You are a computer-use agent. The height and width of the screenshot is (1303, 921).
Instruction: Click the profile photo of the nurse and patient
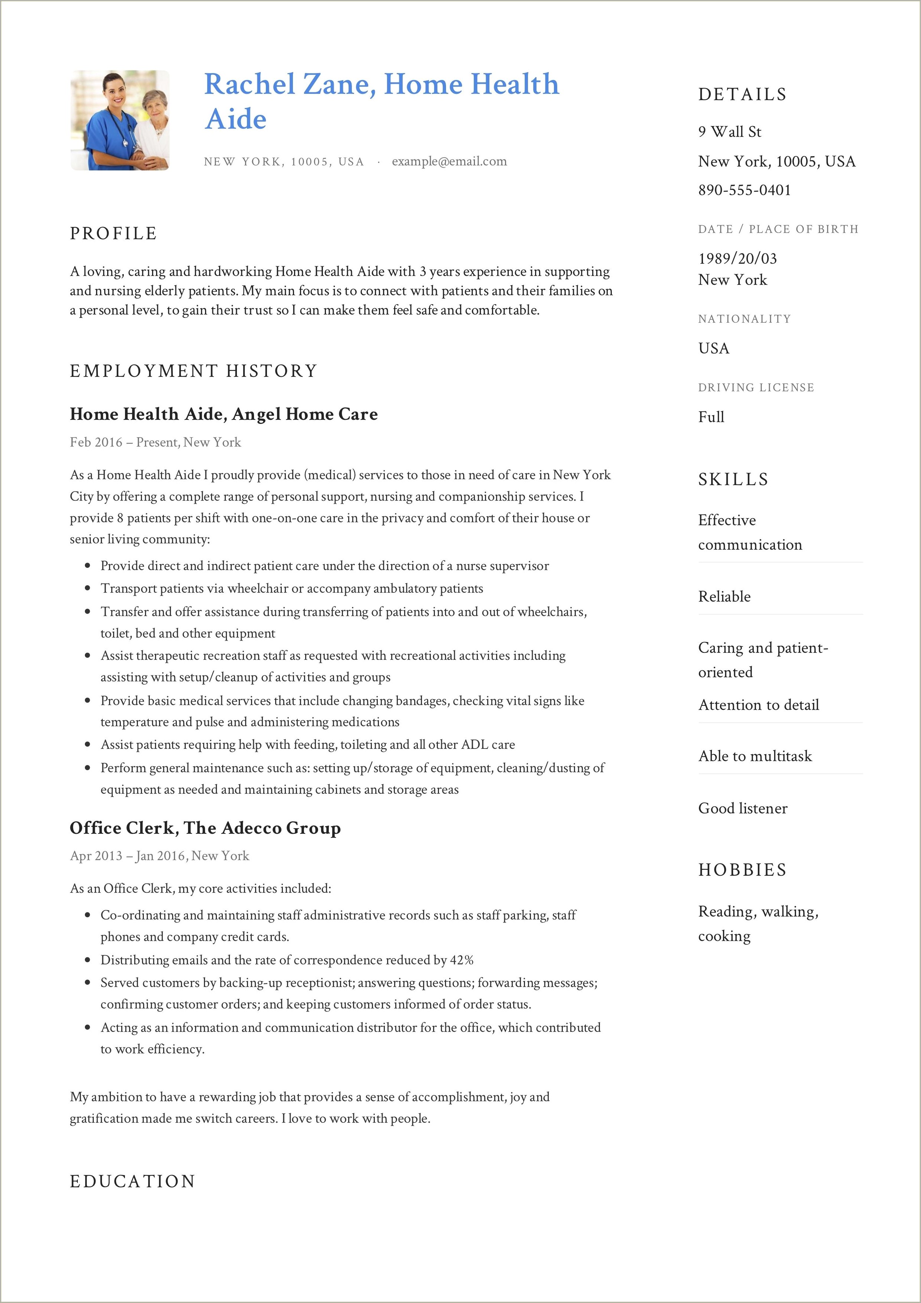click(x=120, y=120)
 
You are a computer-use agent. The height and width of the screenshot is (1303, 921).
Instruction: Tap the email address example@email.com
click(x=449, y=162)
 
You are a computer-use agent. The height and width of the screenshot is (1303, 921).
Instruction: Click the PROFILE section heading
click(x=113, y=233)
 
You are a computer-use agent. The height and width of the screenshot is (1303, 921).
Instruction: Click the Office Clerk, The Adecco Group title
click(x=205, y=828)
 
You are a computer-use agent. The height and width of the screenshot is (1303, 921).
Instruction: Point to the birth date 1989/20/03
click(x=737, y=259)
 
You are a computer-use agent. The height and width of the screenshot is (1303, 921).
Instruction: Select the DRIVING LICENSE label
click(x=756, y=388)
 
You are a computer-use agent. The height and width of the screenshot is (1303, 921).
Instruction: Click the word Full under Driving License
click(x=711, y=417)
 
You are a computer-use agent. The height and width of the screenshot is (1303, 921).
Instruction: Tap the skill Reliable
click(x=724, y=596)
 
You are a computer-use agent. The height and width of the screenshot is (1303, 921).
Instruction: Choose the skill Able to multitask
click(x=755, y=756)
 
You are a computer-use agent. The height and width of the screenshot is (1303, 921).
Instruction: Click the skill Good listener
click(x=743, y=808)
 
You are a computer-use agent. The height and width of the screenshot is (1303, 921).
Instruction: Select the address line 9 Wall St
click(x=730, y=132)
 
